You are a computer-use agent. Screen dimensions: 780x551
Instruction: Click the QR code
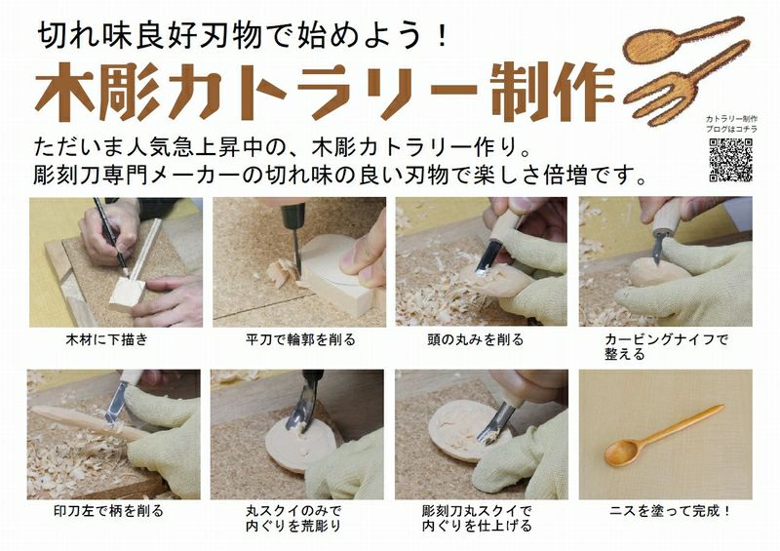coord(730,160)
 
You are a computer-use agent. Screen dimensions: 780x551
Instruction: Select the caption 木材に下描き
coord(107,340)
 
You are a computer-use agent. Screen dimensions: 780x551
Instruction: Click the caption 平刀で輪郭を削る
coord(300,340)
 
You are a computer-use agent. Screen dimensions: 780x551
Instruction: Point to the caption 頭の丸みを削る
coord(476,340)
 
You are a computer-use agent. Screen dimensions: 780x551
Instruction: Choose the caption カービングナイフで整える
coord(666,347)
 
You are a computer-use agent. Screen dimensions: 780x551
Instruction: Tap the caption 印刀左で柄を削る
coord(108,511)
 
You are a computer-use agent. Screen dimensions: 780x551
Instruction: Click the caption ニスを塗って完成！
coord(670,511)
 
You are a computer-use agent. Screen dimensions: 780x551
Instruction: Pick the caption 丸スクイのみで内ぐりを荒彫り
coord(293,518)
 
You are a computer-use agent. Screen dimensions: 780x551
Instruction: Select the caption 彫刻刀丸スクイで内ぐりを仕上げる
coord(477,518)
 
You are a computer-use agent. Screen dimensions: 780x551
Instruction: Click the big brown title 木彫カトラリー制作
coord(326,92)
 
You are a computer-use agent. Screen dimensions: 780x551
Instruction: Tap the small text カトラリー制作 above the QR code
coord(731,118)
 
